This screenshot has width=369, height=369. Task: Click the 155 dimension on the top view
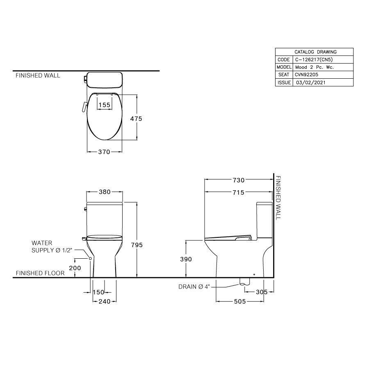(x=105, y=105)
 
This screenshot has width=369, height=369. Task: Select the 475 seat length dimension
(x=136, y=118)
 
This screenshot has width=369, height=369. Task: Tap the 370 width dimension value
(x=104, y=152)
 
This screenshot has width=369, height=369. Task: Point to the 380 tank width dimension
(x=105, y=191)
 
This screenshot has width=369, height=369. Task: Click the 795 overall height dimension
(x=136, y=245)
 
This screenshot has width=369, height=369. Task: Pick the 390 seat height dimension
(x=186, y=259)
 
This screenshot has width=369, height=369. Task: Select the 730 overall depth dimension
(x=238, y=180)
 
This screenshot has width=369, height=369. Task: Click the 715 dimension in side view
(x=238, y=192)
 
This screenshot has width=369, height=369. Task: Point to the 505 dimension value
(x=240, y=301)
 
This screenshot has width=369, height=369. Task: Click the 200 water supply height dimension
(x=75, y=267)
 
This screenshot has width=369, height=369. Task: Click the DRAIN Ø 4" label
(x=194, y=287)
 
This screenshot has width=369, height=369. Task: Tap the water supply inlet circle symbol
(x=90, y=259)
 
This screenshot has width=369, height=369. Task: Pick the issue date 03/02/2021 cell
(x=311, y=82)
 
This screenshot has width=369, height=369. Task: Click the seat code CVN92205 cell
(x=306, y=75)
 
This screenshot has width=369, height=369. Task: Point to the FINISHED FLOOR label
(x=40, y=273)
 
